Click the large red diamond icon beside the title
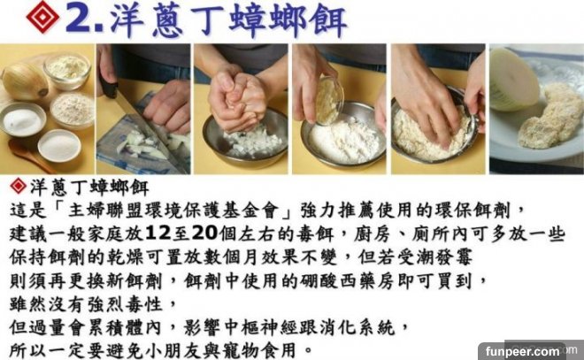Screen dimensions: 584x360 (x=42, y=17)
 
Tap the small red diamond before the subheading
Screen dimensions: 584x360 (x=19, y=186)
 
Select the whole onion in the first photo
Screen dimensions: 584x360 (x=25, y=81)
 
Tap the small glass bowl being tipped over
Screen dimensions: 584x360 (x=328, y=100)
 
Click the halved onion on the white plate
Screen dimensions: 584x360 (x=513, y=80)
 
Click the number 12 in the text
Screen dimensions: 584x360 (x=158, y=234)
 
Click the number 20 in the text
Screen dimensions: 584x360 (x=204, y=234)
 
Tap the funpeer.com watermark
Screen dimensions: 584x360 (x=522, y=351)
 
